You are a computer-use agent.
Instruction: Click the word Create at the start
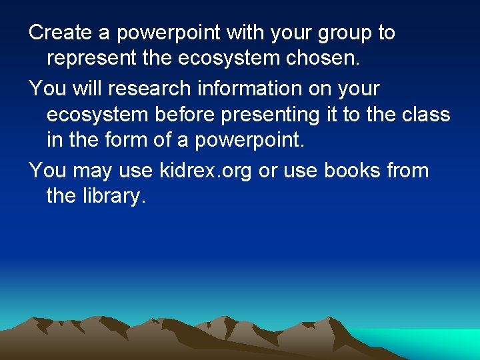click(57, 32)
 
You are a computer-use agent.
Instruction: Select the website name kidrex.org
click(207, 171)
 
